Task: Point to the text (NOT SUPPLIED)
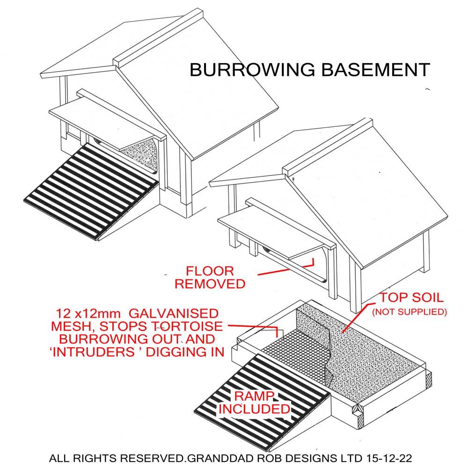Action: pyautogui.click(x=409, y=312)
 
